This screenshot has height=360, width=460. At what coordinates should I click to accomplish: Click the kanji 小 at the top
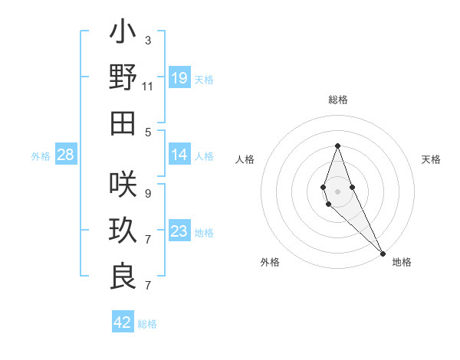(x=123, y=34)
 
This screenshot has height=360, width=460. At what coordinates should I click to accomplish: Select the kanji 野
(x=123, y=77)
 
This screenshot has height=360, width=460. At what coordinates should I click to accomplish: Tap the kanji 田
(x=123, y=123)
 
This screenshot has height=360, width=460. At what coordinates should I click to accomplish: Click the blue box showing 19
(x=179, y=77)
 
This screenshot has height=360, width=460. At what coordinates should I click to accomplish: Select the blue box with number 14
(x=179, y=155)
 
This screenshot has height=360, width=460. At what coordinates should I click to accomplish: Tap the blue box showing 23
(x=179, y=232)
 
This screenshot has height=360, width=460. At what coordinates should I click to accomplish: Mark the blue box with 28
(x=66, y=155)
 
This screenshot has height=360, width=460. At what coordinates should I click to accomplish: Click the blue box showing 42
(x=123, y=322)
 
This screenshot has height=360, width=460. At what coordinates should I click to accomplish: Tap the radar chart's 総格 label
(x=337, y=100)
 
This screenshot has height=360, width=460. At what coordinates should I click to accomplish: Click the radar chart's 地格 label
(x=402, y=262)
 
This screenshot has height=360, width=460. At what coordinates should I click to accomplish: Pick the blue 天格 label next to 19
(x=204, y=79)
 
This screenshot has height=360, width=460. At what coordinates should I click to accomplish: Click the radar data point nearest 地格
(x=383, y=253)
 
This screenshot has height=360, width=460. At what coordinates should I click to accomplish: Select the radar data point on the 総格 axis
(x=337, y=146)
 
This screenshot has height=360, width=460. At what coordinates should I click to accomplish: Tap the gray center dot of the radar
(x=337, y=191)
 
